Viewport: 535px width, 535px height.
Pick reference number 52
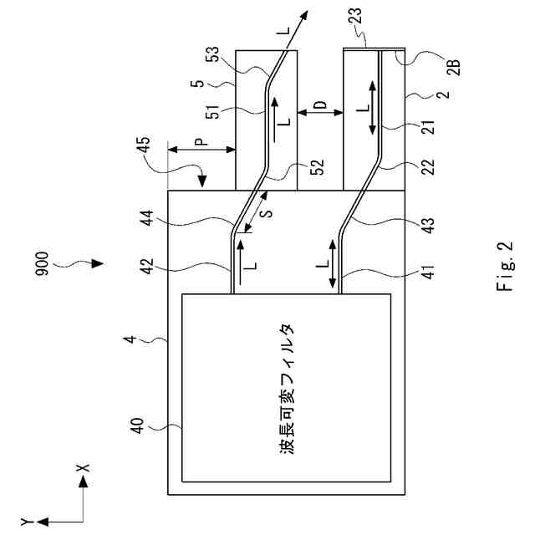316,166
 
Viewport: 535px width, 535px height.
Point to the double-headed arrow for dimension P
201,151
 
